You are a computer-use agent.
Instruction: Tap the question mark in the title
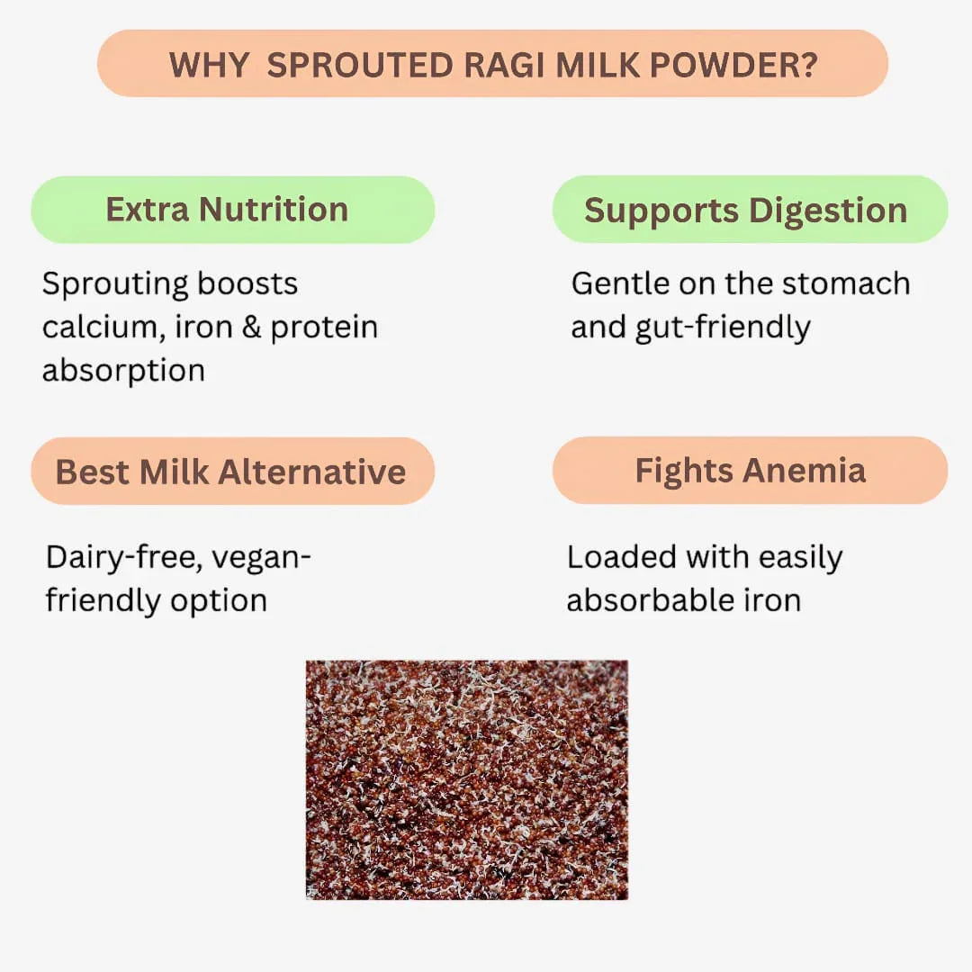(x=807, y=65)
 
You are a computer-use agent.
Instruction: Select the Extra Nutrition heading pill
(x=232, y=210)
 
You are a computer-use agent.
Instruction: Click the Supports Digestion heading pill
(x=749, y=210)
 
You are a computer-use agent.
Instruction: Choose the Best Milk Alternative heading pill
(x=232, y=472)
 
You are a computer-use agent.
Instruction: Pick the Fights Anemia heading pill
(x=749, y=471)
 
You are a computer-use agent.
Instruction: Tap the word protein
(x=324, y=328)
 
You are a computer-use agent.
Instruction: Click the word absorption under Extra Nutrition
(x=123, y=371)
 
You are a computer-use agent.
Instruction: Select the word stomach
(x=846, y=283)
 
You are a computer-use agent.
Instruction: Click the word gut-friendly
(x=723, y=328)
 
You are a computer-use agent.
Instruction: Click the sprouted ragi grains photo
(x=466, y=779)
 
